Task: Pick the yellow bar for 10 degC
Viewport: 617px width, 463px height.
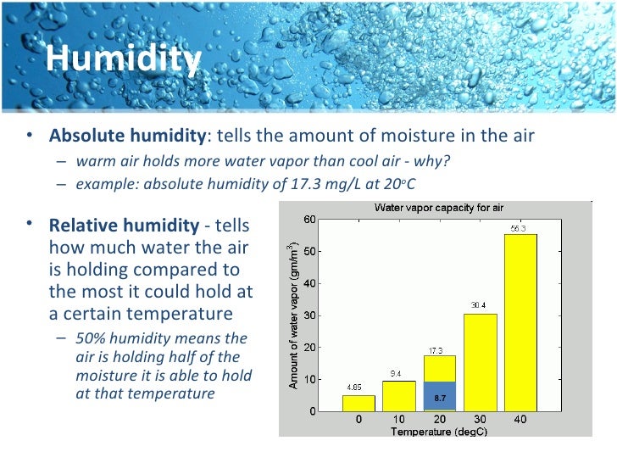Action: [x=398, y=395]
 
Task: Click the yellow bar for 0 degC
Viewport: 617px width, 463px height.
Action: [x=357, y=403]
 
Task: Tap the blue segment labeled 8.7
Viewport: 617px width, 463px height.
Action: [x=440, y=396]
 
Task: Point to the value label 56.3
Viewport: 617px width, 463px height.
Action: [x=519, y=227]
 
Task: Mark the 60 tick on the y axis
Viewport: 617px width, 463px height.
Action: [x=310, y=220]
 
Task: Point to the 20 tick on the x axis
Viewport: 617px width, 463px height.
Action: [x=440, y=420]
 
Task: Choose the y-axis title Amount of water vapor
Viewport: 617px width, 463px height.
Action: [x=292, y=315]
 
